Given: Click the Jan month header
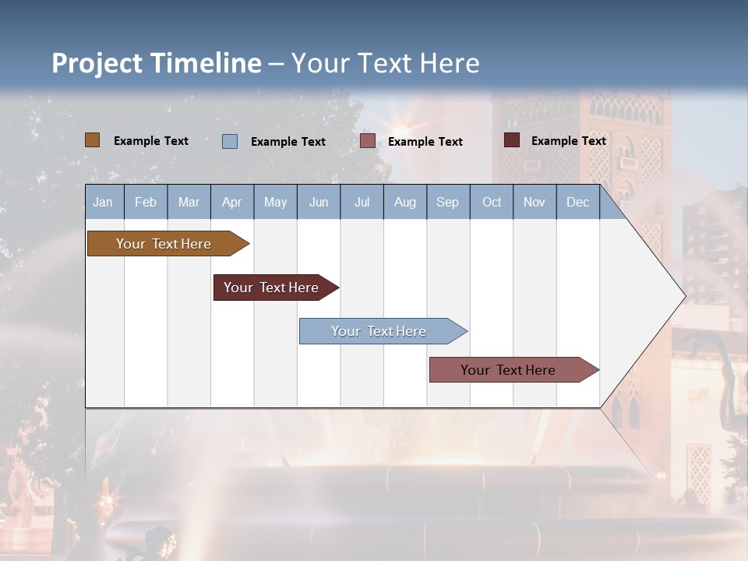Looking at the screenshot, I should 104,202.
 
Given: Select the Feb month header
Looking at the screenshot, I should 146,202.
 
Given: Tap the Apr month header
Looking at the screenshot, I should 232,202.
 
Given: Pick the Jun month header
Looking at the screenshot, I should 319,202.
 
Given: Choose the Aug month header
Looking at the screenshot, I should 405,202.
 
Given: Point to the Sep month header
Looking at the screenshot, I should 448,202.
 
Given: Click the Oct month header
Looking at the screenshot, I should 492,202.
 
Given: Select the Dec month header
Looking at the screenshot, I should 578,202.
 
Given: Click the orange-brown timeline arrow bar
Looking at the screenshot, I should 164,244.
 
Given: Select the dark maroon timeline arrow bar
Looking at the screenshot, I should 272,288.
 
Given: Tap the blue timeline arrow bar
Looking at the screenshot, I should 379,331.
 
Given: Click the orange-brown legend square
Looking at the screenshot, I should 93,140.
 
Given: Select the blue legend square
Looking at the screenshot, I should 230,141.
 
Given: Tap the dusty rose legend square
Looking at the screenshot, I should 368,141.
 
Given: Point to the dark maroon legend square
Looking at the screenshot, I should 512,140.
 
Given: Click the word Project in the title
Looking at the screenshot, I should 97,63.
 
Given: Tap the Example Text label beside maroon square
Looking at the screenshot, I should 569,140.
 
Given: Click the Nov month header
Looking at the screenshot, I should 535,202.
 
